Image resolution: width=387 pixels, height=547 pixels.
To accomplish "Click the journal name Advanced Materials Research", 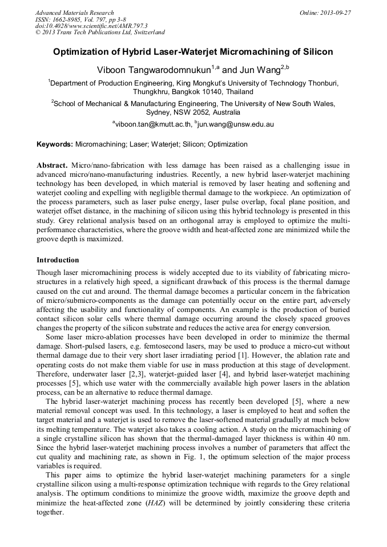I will pos(74,13).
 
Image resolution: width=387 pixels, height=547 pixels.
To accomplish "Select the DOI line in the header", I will pos(91,26).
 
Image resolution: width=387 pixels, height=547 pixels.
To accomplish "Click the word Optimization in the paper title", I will pos(82,52).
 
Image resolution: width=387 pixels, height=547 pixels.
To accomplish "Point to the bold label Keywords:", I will pos(55,145).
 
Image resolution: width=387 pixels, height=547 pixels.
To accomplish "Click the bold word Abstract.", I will pos(52,165).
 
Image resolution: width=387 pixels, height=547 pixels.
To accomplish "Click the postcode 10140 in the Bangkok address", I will pos(208,91).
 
